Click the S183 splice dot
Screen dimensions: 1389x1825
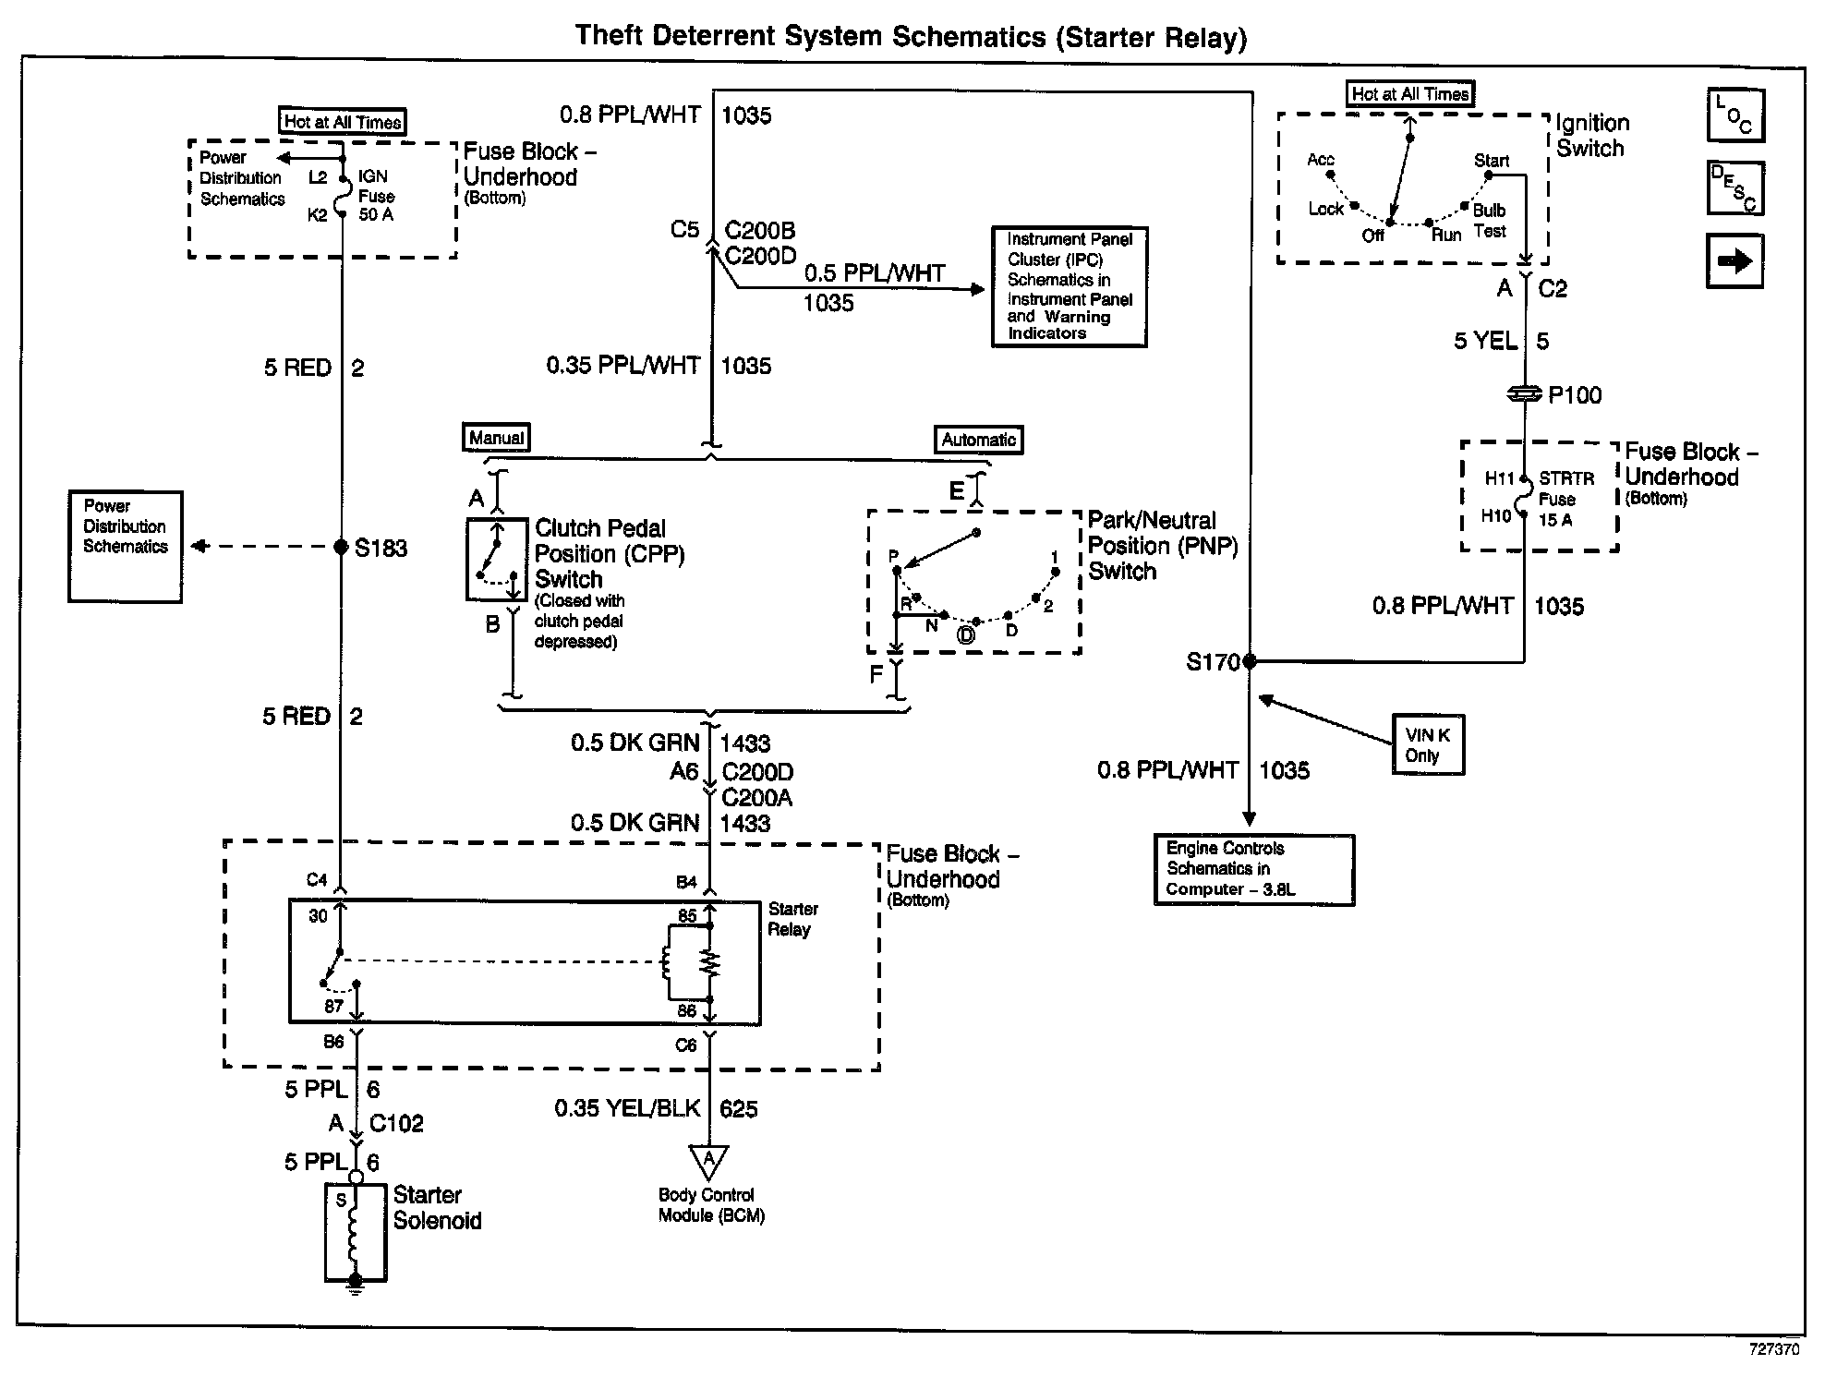click(341, 547)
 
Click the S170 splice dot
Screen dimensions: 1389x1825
click(1250, 661)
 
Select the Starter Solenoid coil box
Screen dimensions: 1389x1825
click(356, 1233)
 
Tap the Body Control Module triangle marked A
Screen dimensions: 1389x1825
click(708, 1161)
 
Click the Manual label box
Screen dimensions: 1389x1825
click(496, 438)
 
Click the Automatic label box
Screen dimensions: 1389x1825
click(979, 440)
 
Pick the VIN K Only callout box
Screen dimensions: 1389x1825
click(1428, 745)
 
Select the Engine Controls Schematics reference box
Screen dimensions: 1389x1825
click(1253, 869)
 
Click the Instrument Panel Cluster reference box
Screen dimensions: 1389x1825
click(1069, 286)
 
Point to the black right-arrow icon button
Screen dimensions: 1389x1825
click(1734, 261)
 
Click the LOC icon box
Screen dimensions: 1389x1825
click(1734, 115)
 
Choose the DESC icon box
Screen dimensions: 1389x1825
click(1734, 187)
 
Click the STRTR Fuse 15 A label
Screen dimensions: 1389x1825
click(1565, 499)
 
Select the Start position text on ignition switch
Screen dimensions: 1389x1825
click(1491, 161)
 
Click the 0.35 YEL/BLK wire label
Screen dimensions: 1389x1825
click(627, 1108)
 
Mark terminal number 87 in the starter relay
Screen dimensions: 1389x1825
click(333, 1006)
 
